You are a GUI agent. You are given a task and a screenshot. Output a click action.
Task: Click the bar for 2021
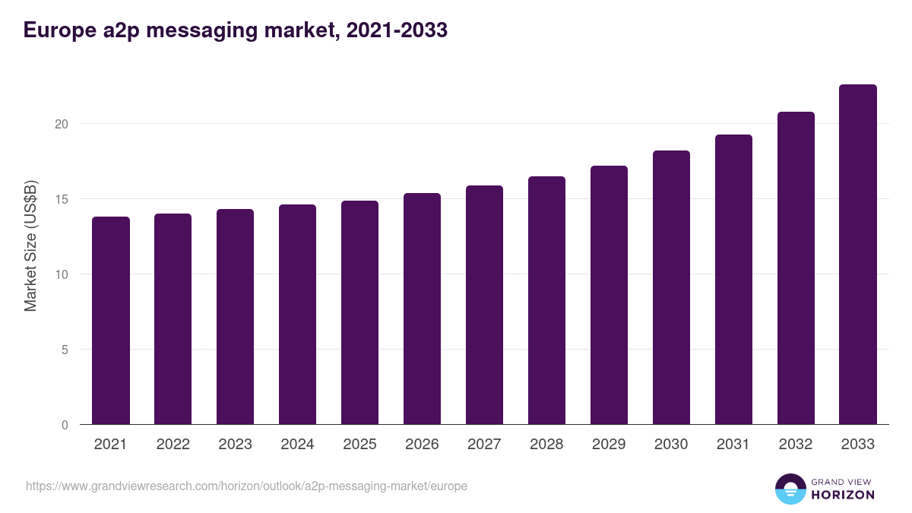click(111, 321)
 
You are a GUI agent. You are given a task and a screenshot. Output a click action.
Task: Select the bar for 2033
click(858, 255)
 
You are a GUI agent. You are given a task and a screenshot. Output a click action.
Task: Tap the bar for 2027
click(484, 305)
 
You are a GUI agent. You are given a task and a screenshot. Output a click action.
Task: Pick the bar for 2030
click(671, 287)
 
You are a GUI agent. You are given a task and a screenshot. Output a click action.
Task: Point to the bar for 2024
click(297, 315)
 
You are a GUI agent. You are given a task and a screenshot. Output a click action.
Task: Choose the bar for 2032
click(796, 268)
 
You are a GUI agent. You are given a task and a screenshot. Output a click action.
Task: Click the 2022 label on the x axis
click(173, 445)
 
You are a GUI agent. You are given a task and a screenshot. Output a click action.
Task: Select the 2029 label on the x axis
click(609, 445)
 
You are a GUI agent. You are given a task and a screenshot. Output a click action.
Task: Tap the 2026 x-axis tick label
click(422, 445)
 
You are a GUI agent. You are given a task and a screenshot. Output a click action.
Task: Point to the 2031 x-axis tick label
click(733, 445)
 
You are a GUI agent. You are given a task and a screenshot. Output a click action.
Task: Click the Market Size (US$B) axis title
click(30, 245)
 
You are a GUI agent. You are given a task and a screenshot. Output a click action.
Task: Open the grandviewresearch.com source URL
click(246, 486)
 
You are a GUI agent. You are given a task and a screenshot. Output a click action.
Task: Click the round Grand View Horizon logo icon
click(790, 489)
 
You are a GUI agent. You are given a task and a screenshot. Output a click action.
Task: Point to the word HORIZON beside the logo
click(843, 495)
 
